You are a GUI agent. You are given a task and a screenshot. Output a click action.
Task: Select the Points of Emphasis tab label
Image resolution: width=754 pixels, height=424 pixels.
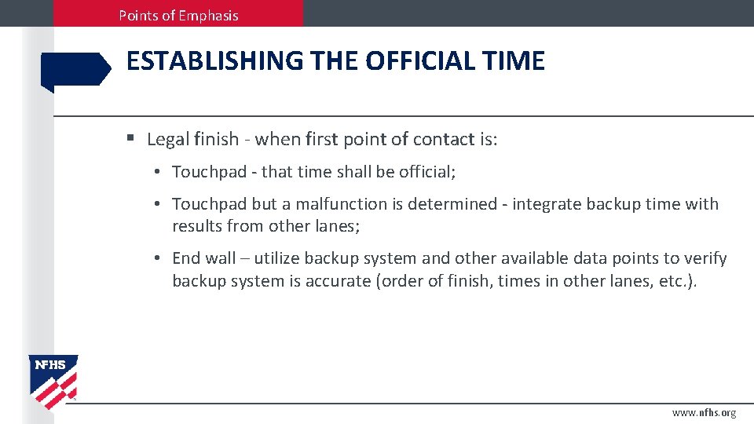tap(178, 15)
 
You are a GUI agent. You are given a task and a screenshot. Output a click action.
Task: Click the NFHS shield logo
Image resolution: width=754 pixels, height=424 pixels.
tap(53, 381)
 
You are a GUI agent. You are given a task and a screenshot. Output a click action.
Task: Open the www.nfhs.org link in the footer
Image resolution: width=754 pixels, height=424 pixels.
tap(704, 412)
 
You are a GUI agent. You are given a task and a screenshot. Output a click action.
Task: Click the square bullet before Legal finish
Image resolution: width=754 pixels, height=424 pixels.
tap(130, 139)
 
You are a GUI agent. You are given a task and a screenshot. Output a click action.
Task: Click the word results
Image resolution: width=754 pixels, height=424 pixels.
tap(197, 226)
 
